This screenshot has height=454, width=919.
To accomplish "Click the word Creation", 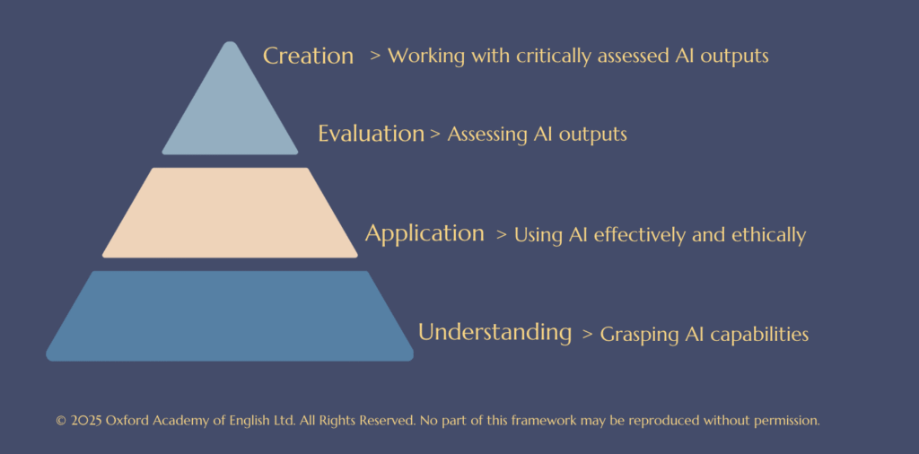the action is click(x=309, y=56).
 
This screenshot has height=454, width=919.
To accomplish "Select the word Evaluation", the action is click(x=371, y=134).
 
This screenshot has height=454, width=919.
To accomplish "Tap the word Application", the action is click(x=424, y=234).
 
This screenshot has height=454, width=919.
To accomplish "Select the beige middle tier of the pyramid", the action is click(x=230, y=213).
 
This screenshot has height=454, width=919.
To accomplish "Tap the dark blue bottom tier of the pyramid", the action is click(x=230, y=316).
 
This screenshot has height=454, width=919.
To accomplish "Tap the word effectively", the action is click(x=641, y=235).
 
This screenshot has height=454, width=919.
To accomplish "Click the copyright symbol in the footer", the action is click(x=60, y=421).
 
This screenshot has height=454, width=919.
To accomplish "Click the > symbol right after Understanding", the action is click(x=588, y=335).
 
